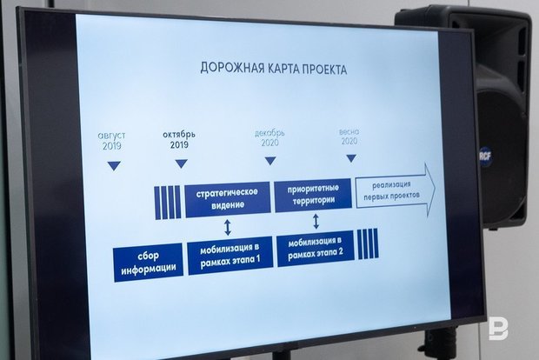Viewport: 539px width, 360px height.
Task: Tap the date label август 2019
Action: coord(112,141)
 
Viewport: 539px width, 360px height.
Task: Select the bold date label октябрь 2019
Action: coord(179,139)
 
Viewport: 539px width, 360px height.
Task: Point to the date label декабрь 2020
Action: coord(269,137)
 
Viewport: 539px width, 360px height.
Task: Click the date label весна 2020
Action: coord(349,137)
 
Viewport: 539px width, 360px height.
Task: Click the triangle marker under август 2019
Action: coord(114,166)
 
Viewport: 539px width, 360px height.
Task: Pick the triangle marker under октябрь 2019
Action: coord(182,163)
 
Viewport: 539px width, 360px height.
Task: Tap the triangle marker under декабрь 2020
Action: coord(270,161)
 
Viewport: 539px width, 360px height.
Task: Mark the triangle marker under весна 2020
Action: coord(351,158)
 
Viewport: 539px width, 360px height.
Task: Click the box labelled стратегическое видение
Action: coord(228,199)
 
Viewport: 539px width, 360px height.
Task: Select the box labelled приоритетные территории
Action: coord(313,195)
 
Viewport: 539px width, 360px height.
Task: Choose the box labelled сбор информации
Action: coord(148,262)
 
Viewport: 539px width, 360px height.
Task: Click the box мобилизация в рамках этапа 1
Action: coord(230,255)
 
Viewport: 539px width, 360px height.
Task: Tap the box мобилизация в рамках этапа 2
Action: coord(316,248)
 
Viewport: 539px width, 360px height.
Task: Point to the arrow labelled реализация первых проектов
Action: coord(396,190)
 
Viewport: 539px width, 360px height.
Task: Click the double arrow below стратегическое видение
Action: coord(228,227)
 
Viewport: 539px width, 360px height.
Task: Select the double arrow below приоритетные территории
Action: coord(316,221)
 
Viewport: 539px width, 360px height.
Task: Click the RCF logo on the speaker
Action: coord(486,157)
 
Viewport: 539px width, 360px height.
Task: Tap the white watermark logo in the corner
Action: coord(498,330)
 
